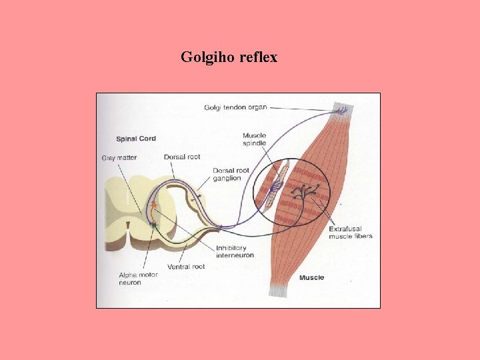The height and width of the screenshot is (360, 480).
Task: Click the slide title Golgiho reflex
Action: pos(229,57)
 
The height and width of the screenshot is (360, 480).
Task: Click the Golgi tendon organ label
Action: pos(235,107)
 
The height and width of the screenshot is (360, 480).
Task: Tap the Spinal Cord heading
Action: pos(136,139)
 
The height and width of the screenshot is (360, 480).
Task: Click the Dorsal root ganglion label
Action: pos(231,174)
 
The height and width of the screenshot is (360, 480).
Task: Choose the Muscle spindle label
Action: pos(254,139)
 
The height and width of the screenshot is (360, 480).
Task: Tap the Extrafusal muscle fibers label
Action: pos(350,233)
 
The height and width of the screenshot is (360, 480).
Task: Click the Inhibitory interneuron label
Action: pos(235,251)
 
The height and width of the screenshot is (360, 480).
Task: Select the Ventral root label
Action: pos(186,267)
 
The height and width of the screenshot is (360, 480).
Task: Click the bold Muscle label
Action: pos(311,277)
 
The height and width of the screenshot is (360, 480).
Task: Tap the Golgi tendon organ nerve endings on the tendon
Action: pos(341,110)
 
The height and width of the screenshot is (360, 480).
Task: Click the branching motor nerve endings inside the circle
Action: pos(305,193)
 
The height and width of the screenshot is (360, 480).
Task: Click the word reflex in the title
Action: pos(257,57)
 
